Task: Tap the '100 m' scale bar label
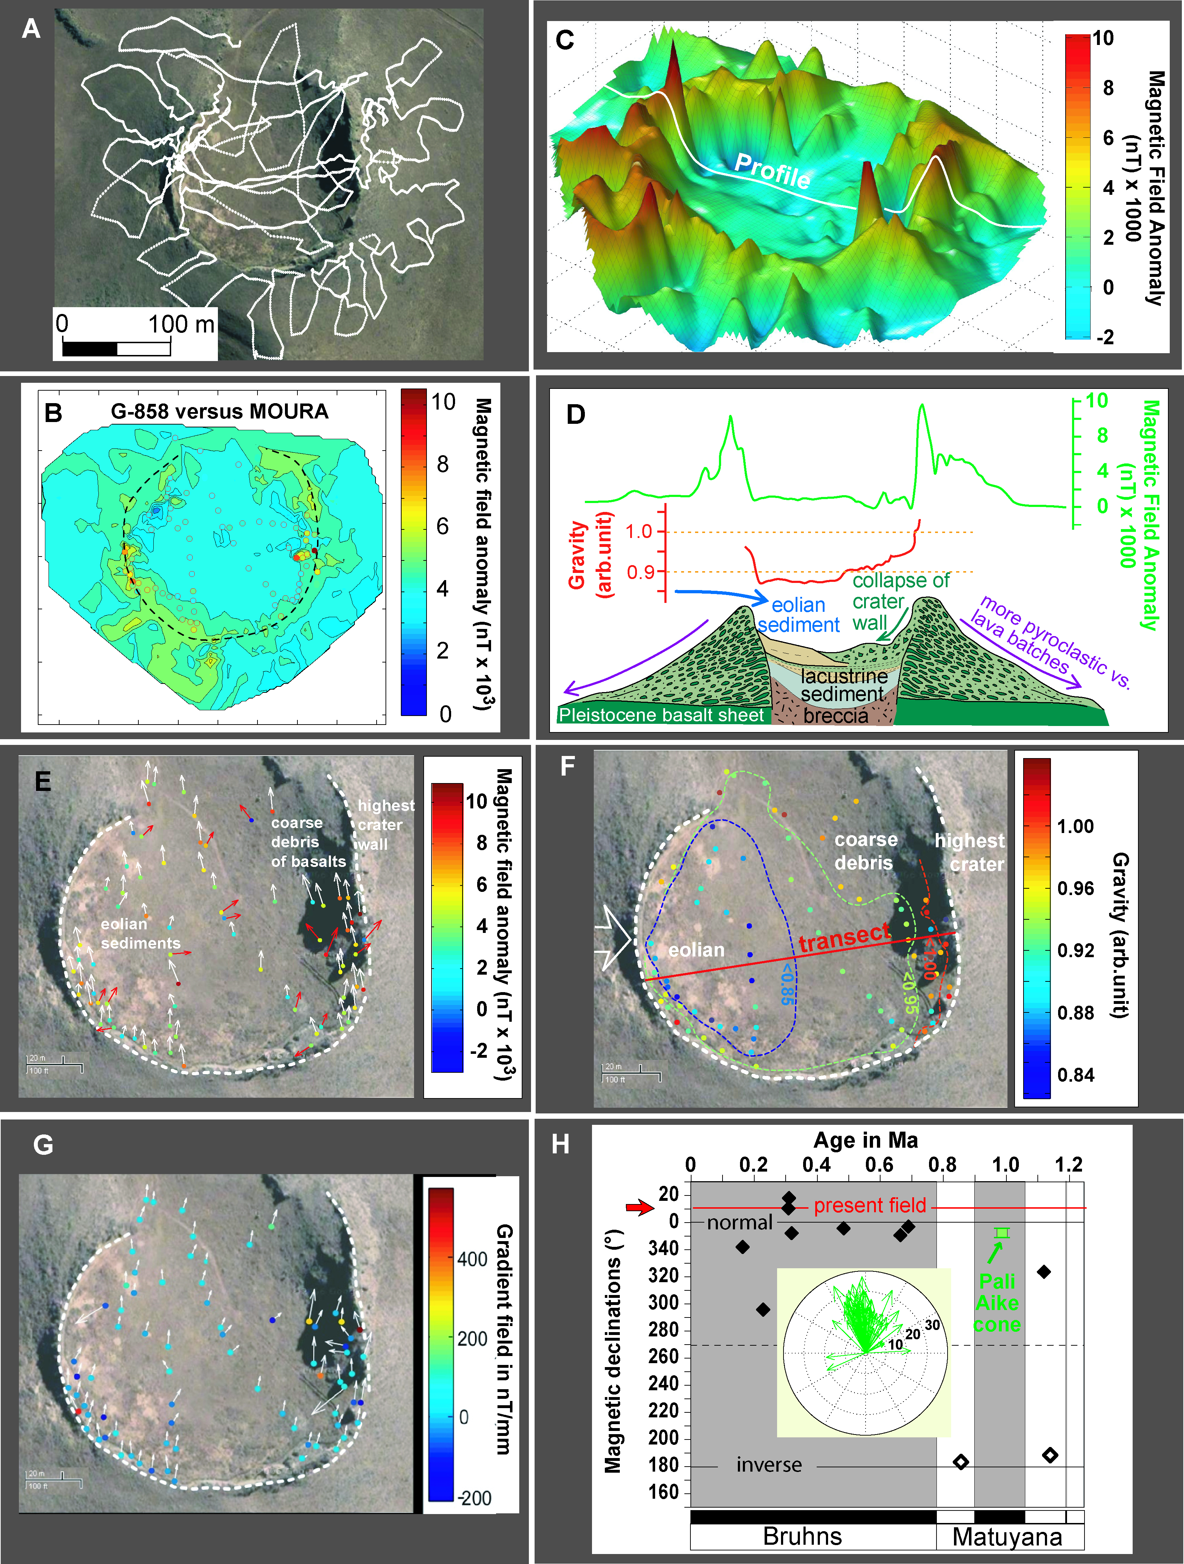181,325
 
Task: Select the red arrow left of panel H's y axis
641,1208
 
